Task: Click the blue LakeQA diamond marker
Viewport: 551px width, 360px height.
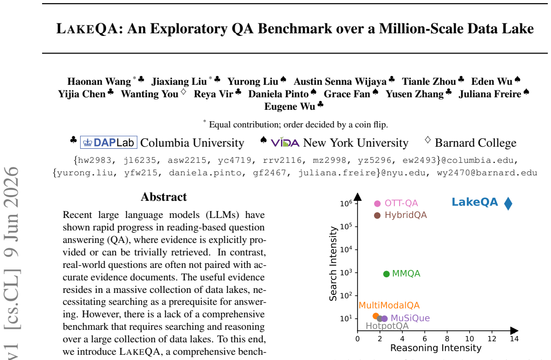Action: (x=508, y=203)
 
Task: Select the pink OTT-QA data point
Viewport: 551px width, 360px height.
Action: (x=377, y=204)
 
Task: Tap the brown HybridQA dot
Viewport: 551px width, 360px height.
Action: (x=377, y=215)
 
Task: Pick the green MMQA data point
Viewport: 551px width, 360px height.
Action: (x=386, y=274)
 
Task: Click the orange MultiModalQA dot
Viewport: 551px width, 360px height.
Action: (x=376, y=316)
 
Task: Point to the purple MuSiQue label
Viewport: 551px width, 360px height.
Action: (x=410, y=318)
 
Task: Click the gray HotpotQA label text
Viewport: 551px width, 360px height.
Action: (x=387, y=326)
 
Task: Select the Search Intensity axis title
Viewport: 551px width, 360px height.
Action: (x=333, y=263)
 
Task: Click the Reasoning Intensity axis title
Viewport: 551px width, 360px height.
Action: (x=435, y=348)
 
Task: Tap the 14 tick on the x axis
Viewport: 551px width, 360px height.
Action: (x=514, y=339)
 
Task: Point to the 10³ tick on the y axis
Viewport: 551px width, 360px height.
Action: (x=345, y=273)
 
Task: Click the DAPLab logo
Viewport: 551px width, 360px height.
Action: (x=109, y=142)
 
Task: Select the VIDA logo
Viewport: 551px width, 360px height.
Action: (x=285, y=143)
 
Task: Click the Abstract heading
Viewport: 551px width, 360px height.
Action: (x=164, y=197)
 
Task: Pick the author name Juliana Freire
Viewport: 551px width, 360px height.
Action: (x=490, y=94)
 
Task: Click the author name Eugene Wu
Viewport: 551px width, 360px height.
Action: (x=290, y=107)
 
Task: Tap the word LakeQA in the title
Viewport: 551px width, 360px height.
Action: (x=87, y=29)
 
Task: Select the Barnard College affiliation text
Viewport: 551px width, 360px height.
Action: (x=476, y=143)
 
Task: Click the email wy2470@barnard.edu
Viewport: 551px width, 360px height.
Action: (x=487, y=173)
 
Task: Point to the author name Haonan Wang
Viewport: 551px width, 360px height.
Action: (x=99, y=82)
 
